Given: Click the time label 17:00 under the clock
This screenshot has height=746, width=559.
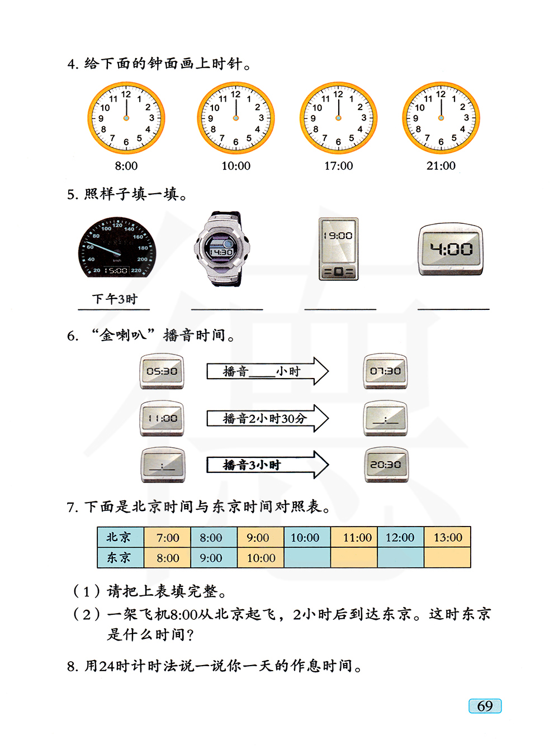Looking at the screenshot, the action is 339,166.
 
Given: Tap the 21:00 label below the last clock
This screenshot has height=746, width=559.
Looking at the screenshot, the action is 441,166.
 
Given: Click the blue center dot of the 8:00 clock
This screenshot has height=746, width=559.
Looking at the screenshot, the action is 126,118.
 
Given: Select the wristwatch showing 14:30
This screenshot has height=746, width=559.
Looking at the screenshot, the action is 221,249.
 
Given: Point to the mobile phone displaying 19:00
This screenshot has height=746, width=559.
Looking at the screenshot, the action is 338,249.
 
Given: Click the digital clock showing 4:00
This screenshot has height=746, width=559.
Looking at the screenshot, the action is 451,249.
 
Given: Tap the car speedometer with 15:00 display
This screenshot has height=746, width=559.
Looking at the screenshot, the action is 117,247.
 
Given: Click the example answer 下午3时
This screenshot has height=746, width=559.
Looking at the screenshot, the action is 115,299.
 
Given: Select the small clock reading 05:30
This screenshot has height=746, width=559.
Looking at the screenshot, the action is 162,371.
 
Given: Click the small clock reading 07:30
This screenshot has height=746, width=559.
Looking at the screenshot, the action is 385,371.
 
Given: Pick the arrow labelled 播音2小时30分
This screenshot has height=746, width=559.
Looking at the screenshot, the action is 267,418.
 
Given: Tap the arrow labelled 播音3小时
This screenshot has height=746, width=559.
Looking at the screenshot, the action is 267,465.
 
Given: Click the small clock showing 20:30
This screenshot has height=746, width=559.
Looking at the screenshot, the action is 386,465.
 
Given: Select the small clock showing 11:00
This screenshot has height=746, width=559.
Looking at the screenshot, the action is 162,418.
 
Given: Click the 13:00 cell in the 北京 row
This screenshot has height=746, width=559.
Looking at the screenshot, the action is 447,537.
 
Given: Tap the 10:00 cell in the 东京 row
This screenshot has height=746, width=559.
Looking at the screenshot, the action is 260,557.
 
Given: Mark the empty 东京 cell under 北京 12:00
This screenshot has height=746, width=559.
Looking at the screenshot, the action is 401,557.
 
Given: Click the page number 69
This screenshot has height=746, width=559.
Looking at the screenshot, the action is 485,706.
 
